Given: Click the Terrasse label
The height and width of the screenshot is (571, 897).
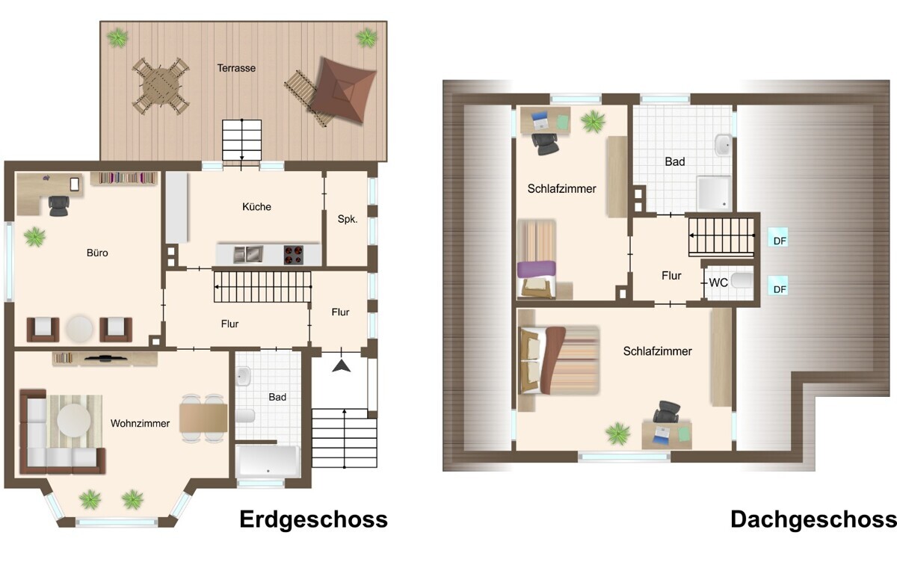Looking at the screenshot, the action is (236, 68).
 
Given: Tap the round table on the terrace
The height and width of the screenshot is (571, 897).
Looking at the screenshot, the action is (161, 86).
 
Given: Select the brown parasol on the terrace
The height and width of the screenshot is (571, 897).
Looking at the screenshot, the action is (344, 90).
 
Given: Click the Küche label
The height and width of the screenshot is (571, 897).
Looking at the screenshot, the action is (256, 206).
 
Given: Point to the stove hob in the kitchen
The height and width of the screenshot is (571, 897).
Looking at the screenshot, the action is (294, 255).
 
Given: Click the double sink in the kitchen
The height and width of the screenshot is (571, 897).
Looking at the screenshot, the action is (248, 255).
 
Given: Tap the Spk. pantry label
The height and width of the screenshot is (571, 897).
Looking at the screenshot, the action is (347, 219).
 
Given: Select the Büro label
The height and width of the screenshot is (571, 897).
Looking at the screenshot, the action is (97, 253).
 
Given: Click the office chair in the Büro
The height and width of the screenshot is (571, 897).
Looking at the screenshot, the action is (59, 206).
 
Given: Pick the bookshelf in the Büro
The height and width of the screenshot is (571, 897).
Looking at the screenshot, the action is (124, 178).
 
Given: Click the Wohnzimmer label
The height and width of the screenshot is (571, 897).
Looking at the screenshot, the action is (141, 423).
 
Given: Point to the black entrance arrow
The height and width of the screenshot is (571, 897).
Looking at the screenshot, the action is (341, 366).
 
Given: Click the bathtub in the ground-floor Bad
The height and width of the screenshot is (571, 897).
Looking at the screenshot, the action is (268, 461).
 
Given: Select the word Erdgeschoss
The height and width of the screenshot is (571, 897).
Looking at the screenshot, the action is (313, 519).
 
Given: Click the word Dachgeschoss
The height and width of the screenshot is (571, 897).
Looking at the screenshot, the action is (813, 519).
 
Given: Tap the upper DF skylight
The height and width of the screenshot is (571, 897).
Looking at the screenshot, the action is (777, 237).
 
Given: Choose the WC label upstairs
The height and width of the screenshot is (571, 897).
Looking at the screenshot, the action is (718, 283).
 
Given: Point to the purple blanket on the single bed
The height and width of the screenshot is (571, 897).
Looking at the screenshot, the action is (536, 269).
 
